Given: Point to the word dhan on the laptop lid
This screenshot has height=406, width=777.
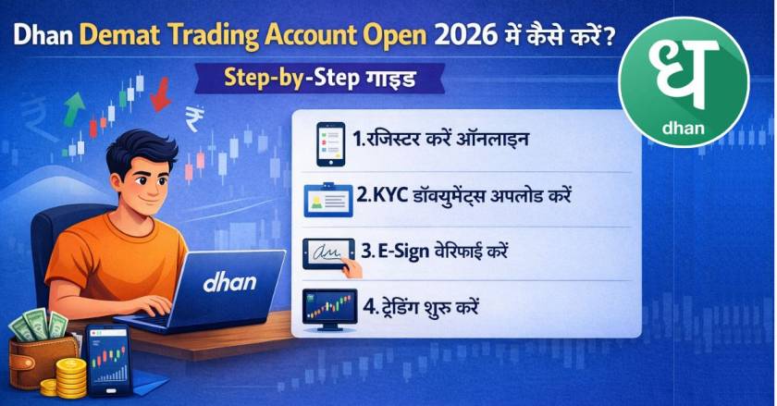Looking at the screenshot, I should point(229,281).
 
